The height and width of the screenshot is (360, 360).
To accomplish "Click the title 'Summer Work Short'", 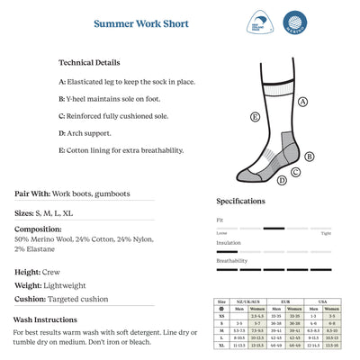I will (x=140, y=23).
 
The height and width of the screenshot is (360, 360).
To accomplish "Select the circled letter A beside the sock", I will (x=303, y=102).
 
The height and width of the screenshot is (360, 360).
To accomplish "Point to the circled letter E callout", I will (x=256, y=117).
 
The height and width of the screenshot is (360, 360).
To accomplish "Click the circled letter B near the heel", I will (x=310, y=156).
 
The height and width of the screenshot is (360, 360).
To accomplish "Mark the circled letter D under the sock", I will (x=282, y=180).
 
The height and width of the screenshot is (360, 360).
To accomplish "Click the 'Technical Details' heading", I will (x=89, y=63).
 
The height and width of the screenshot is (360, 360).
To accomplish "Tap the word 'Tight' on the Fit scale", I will (x=326, y=233).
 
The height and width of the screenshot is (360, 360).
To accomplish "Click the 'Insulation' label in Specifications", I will (x=229, y=243).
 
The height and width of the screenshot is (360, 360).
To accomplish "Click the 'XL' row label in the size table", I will (x=221, y=345).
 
